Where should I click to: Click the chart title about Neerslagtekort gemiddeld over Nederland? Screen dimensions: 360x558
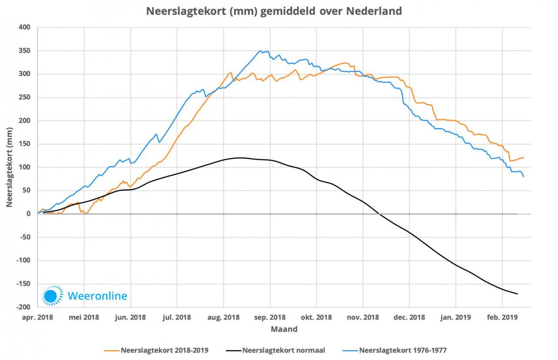274,12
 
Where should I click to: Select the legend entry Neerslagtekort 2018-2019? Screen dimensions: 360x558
165,350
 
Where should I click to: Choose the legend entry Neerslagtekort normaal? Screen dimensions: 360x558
283,350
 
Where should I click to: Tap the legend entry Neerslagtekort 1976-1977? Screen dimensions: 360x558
402,350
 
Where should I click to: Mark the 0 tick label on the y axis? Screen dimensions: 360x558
28,214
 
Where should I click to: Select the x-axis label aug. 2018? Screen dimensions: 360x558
223,317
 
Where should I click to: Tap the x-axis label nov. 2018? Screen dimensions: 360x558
363,317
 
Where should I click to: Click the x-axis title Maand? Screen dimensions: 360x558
284,329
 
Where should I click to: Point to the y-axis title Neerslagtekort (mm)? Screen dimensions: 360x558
9,167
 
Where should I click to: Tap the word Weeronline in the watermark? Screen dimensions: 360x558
97,296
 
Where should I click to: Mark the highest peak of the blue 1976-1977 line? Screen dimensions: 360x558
261,51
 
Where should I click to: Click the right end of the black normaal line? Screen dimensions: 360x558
518,294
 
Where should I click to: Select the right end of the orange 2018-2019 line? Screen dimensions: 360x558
524,157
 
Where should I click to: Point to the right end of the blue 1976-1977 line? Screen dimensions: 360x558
524,177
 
